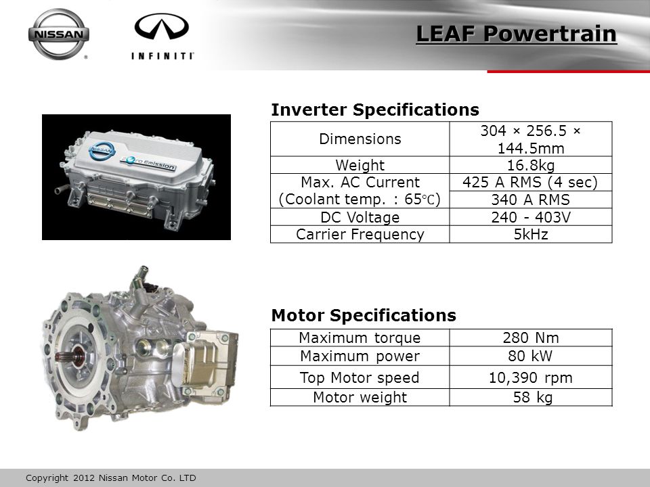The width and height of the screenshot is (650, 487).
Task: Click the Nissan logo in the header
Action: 58,34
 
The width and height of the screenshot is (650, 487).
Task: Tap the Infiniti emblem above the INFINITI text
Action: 162,26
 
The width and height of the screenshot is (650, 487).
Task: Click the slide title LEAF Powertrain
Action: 516,34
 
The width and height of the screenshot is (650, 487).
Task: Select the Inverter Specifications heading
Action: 374,110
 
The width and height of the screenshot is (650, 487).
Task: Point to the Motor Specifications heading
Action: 364,315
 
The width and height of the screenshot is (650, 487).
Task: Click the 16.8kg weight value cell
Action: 531,165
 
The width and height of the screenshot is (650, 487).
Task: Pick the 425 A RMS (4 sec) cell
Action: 531,182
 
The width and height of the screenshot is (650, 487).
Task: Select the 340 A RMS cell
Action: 531,200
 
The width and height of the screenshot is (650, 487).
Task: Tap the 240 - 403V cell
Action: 531,217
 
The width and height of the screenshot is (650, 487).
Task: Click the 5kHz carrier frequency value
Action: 531,235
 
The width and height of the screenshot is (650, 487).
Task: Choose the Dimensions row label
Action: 360,139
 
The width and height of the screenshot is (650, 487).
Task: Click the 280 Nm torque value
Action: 531,338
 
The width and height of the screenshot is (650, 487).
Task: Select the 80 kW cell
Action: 531,356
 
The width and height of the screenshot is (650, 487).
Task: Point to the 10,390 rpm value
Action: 531,377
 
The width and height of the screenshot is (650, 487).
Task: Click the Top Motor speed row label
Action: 360,377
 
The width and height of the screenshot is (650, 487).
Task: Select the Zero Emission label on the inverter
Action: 148,162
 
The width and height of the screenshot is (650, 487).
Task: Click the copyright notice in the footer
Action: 110,478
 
